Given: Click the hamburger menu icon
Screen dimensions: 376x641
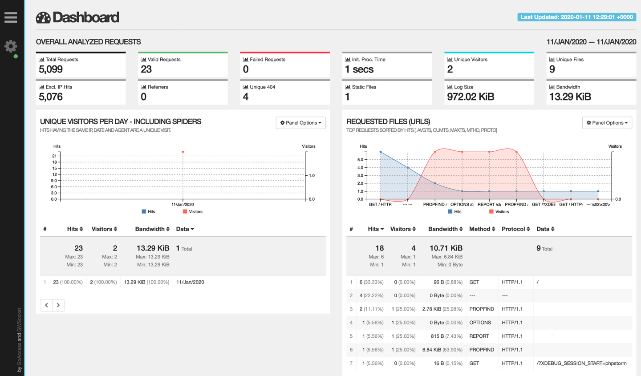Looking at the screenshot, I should (x=11, y=17).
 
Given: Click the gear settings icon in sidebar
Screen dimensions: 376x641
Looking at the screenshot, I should (x=11, y=46).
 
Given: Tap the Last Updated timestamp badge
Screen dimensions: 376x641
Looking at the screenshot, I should (x=576, y=17).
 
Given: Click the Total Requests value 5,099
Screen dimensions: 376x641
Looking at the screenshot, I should (x=51, y=69).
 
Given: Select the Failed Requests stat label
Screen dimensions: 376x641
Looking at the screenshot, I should (x=267, y=59).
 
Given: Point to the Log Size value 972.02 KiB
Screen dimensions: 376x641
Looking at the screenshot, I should (x=471, y=97).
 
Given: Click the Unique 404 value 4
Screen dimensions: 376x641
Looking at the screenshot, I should (x=246, y=97).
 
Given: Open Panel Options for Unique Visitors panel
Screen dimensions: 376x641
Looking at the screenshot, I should (x=301, y=123).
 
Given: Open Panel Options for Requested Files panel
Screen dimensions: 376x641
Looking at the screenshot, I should (x=607, y=123).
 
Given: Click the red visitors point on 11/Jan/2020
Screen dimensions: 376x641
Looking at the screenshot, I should (x=183, y=152).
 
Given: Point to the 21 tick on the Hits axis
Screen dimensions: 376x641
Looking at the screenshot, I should (x=54, y=156).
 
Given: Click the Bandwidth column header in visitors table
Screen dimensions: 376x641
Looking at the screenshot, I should (x=152, y=229).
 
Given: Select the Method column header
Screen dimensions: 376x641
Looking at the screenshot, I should (x=482, y=229).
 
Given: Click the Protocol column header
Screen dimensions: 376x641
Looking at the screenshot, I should (x=515, y=229).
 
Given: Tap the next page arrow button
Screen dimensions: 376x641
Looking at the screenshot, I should (x=58, y=305).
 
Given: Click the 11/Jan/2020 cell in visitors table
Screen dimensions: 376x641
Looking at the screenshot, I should (x=190, y=282).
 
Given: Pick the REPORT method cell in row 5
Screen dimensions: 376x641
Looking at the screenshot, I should (x=479, y=336).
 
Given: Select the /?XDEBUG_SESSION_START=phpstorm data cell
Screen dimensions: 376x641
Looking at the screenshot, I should (x=581, y=364).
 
